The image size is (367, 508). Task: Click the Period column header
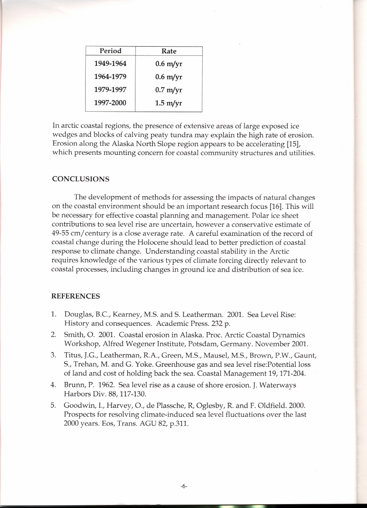[110, 51]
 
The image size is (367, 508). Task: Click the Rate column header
[169, 51]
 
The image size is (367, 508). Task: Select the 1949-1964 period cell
[110, 64]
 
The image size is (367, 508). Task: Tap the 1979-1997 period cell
[110, 90]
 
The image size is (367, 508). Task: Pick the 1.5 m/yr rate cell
[169, 103]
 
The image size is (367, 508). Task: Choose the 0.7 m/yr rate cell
[169, 90]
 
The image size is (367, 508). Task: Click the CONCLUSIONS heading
[80, 179]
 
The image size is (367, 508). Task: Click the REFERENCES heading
[76, 297]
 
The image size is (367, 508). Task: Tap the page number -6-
[183, 486]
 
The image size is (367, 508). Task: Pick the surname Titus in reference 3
[73, 355]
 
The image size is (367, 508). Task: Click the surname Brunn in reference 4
[74, 385]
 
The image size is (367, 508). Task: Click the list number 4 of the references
[53, 385]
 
